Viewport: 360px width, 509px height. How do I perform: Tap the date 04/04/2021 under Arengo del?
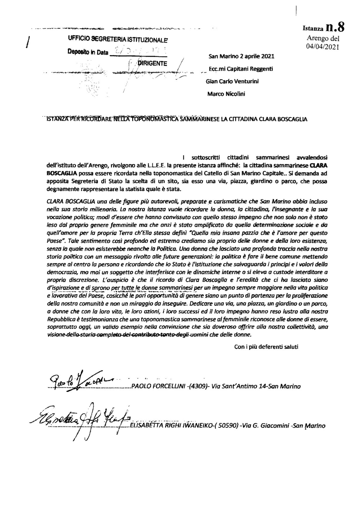322,46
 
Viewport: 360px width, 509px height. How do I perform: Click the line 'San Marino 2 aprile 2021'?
241,56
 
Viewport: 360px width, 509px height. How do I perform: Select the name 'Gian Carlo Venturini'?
232,81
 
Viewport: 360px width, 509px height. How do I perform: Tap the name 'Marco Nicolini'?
226,94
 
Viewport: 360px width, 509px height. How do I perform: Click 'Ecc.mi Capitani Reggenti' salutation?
241,69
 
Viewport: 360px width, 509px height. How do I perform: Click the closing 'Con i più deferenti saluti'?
266,347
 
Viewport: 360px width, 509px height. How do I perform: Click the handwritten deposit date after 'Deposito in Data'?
137,51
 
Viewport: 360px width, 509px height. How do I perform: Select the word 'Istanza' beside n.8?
313,29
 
